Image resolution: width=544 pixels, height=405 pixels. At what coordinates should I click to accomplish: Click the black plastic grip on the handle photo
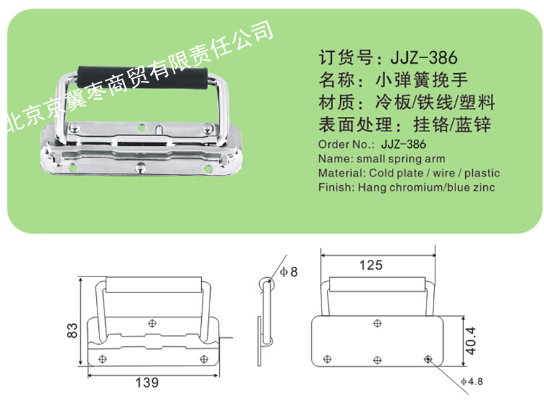coord(142,77)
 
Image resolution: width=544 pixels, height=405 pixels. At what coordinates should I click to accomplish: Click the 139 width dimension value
coord(147,382)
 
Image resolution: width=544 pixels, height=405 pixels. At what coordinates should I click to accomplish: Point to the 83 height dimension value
coord(72,330)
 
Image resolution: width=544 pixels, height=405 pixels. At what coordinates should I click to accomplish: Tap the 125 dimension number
coord(371,265)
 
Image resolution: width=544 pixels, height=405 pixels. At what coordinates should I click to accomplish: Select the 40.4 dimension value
coord(471,341)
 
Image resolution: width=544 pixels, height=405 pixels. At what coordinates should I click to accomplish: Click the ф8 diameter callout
coord(289,272)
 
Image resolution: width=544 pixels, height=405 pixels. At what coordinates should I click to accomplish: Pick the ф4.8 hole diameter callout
coord(471,382)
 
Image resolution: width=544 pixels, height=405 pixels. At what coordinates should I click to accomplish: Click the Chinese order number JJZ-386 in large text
coord(424,57)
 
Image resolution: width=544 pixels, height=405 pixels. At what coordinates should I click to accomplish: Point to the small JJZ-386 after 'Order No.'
coord(403,144)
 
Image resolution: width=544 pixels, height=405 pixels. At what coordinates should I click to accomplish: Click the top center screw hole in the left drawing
coord(152,323)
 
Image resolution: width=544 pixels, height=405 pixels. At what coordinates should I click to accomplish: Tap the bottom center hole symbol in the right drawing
coord(377,360)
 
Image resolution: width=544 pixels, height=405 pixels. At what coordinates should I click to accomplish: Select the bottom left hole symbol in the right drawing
coord(327,359)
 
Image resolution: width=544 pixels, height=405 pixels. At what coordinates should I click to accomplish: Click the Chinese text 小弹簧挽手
coord(422,80)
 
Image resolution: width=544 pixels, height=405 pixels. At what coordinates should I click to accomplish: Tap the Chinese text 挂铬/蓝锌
coord(452,125)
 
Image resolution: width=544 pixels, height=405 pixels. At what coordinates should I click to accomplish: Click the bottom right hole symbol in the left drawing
coord(204,359)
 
